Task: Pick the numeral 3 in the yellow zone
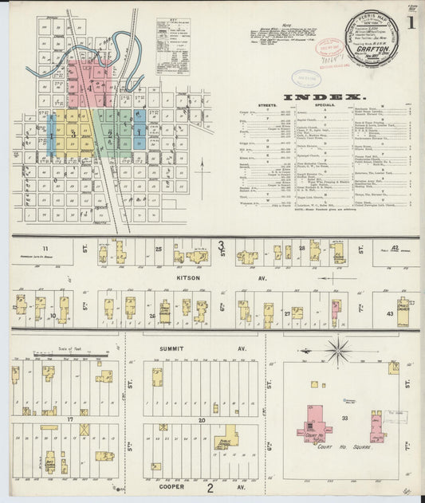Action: click(73, 134)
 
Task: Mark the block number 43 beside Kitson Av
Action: click(390, 313)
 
